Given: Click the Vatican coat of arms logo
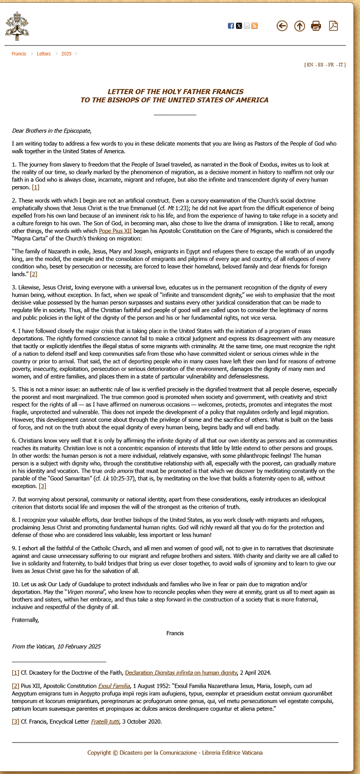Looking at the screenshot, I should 17,26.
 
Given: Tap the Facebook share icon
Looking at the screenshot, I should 231,26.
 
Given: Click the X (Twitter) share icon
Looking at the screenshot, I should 239,26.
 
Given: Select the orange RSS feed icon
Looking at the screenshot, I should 255,26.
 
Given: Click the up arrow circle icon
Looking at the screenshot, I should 299,26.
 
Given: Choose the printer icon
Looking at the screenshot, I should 316,26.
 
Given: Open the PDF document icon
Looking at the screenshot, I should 333,26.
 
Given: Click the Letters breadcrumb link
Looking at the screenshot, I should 44,54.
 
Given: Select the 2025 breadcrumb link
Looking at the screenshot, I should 66,54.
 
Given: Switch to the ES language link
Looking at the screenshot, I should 320,65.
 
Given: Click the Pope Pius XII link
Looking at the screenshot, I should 115,231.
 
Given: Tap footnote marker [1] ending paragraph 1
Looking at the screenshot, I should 35,187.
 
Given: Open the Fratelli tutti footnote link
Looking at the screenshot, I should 105,721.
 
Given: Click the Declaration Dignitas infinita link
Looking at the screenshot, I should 181,672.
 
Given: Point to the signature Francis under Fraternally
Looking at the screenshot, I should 175,633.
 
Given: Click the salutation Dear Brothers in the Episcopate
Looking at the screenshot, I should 51,131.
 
